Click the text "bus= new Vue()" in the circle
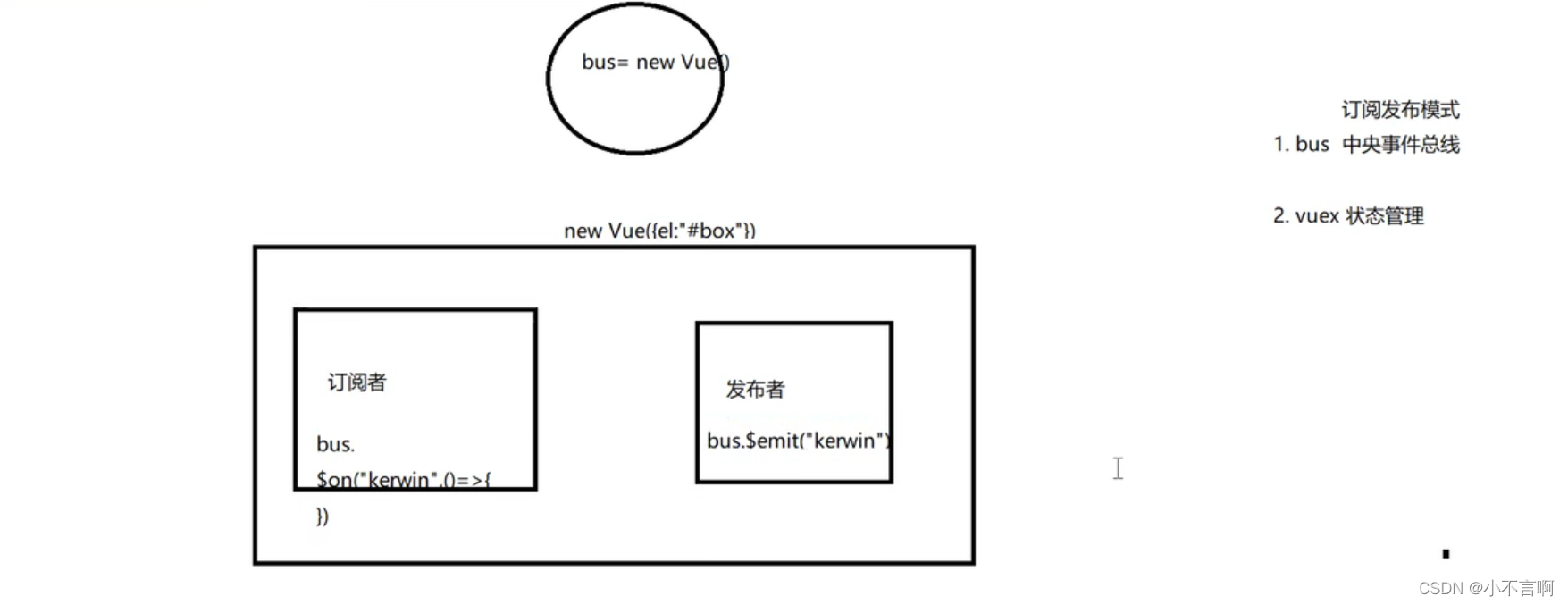655,63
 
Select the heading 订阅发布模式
1400,110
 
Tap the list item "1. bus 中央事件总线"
1366,145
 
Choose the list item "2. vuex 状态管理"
1348,216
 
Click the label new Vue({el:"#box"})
659,231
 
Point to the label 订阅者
356,382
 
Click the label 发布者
755,390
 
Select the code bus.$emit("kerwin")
798,441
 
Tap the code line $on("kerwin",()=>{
403,480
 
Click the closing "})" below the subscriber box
323,517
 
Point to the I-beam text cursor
1118,468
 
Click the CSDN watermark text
1486,588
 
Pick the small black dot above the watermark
1446,554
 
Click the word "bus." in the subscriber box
335,444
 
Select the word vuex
1317,216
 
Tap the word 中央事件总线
1400,145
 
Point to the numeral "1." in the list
1281,145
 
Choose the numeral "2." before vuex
1281,216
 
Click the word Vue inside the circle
699,63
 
